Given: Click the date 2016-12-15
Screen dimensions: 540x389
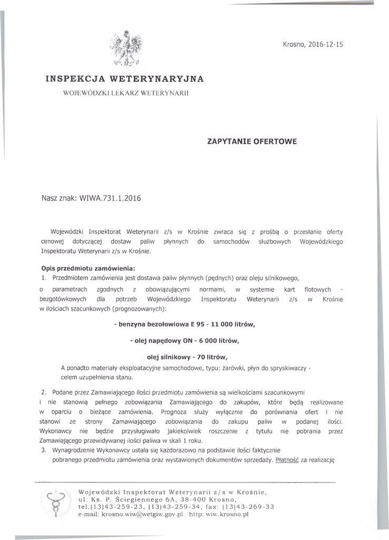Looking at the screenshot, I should tap(325, 45).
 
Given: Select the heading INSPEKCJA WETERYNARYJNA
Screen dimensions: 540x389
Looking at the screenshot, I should tap(124, 79).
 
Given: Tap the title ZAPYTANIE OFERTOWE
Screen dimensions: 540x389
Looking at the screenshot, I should tap(252, 141).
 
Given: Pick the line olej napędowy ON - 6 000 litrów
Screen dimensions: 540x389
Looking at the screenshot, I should tap(184, 341).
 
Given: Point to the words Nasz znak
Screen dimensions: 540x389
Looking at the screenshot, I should tap(59, 199).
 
